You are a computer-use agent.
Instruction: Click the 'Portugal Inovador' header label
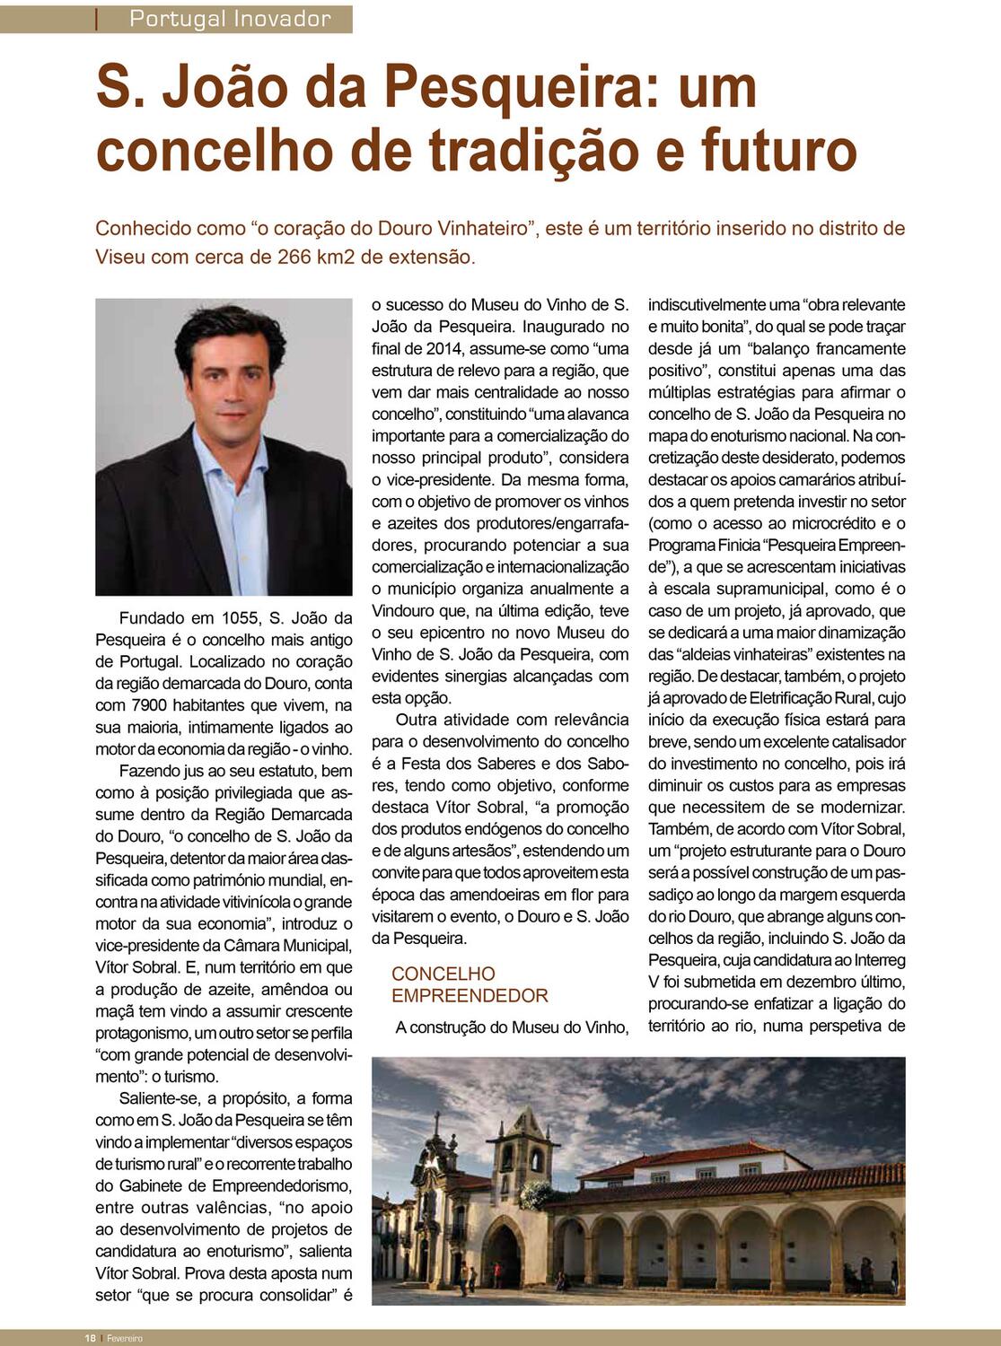230,18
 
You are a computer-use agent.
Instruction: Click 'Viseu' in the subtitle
120,257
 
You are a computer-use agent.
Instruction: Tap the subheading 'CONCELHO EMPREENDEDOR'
469,984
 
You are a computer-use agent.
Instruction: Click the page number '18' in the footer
91,1338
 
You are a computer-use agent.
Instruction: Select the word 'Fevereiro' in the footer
126,1338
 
